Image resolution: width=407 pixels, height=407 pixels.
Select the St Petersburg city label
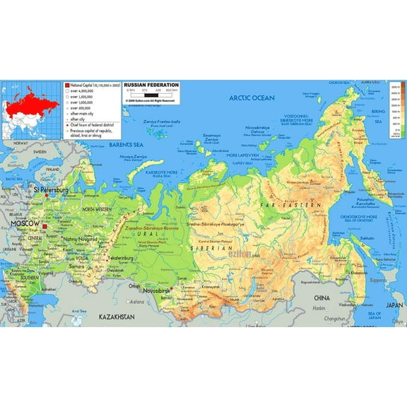(x=51, y=190)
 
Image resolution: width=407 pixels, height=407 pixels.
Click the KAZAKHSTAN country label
(x=116, y=317)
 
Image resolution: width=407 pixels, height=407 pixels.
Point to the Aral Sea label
(x=78, y=311)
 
